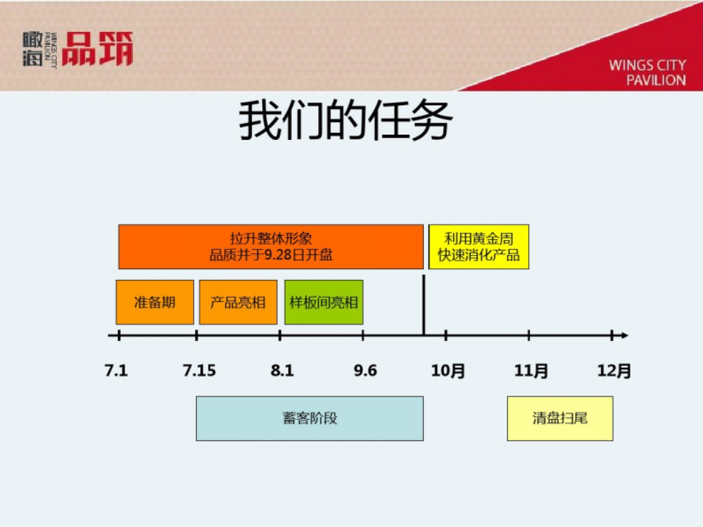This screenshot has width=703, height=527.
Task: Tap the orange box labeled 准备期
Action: [x=155, y=302]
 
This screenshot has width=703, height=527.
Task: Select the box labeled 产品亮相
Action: [x=238, y=302]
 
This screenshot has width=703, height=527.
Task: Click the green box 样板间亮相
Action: [x=323, y=302]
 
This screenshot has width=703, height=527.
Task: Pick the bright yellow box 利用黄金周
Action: [x=479, y=247]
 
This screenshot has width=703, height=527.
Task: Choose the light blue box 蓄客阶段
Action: [x=309, y=418]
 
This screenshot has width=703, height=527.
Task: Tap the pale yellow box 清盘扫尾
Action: [x=559, y=418]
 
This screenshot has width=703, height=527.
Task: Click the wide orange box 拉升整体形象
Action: [x=271, y=247]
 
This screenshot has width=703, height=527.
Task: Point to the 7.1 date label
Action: [x=116, y=371]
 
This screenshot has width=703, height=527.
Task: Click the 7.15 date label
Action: [x=199, y=371]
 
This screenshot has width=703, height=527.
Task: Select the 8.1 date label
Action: [x=282, y=371]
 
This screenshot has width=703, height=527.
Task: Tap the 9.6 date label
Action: [x=365, y=371]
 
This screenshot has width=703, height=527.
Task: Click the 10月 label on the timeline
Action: [x=448, y=371]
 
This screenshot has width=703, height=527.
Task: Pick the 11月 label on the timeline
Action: [x=531, y=371]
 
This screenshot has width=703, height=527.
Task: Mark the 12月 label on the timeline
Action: [x=614, y=371]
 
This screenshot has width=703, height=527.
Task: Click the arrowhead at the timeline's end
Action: [x=624, y=336]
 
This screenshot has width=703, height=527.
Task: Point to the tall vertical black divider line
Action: [x=423, y=304]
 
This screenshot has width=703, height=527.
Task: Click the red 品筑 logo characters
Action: [x=97, y=49]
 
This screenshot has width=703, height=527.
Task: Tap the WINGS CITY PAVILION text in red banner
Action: [x=647, y=73]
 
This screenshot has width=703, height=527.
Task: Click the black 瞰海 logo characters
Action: [x=33, y=49]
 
